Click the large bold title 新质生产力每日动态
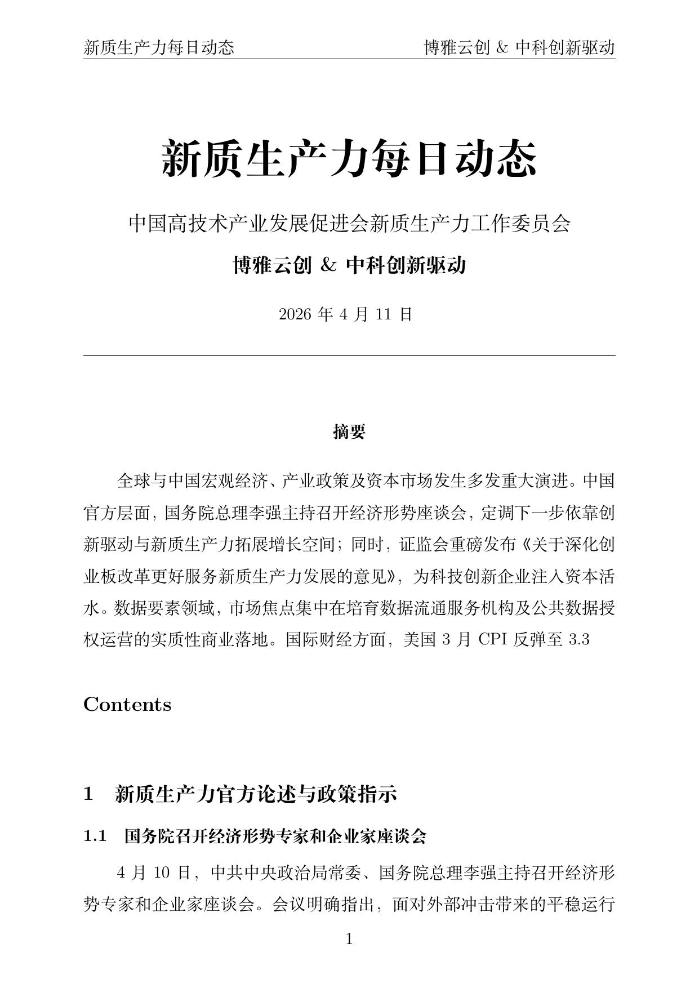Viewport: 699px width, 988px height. point(349,159)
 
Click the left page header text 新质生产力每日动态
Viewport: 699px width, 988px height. point(158,48)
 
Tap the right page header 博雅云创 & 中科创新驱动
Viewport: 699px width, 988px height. point(519,48)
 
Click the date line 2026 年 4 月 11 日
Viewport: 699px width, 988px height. point(346,314)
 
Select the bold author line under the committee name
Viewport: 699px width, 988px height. point(349,265)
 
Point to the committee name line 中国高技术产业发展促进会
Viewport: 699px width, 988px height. point(349,224)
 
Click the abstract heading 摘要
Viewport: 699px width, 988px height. point(349,432)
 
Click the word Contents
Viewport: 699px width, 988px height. point(127,705)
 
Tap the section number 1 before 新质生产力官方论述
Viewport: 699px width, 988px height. point(88,794)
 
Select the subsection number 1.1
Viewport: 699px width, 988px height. point(95,836)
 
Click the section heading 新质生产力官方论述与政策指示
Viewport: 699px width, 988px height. point(256,794)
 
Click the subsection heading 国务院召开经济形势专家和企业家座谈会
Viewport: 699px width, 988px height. point(275,836)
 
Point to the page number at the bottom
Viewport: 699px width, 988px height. point(349,939)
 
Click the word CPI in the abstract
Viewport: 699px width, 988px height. point(493,640)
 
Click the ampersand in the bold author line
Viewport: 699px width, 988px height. point(328,265)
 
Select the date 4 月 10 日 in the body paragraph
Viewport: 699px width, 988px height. point(153,874)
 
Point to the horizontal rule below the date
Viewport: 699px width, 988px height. point(349,355)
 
